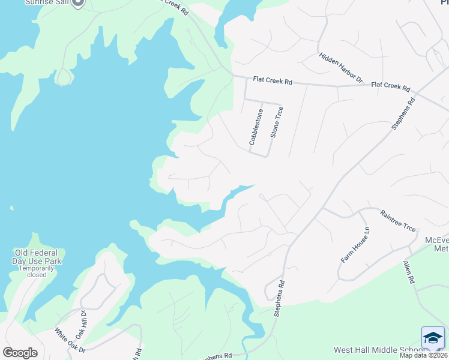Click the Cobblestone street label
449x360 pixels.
(256, 127)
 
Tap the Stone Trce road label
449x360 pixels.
(276, 122)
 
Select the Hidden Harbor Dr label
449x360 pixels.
(342, 67)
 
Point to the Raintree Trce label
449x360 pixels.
(398, 220)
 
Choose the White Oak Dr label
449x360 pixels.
(70, 340)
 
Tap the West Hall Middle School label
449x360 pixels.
(380, 350)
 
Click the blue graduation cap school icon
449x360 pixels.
(433, 338)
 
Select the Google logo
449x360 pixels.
(20, 352)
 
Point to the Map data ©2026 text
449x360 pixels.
(424, 356)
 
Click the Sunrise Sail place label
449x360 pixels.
(46, 2)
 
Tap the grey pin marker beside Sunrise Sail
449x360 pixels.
(77, 3)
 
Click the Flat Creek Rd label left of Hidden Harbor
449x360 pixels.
(272, 79)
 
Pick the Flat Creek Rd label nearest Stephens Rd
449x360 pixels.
(390, 86)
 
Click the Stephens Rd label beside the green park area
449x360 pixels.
(278, 299)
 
